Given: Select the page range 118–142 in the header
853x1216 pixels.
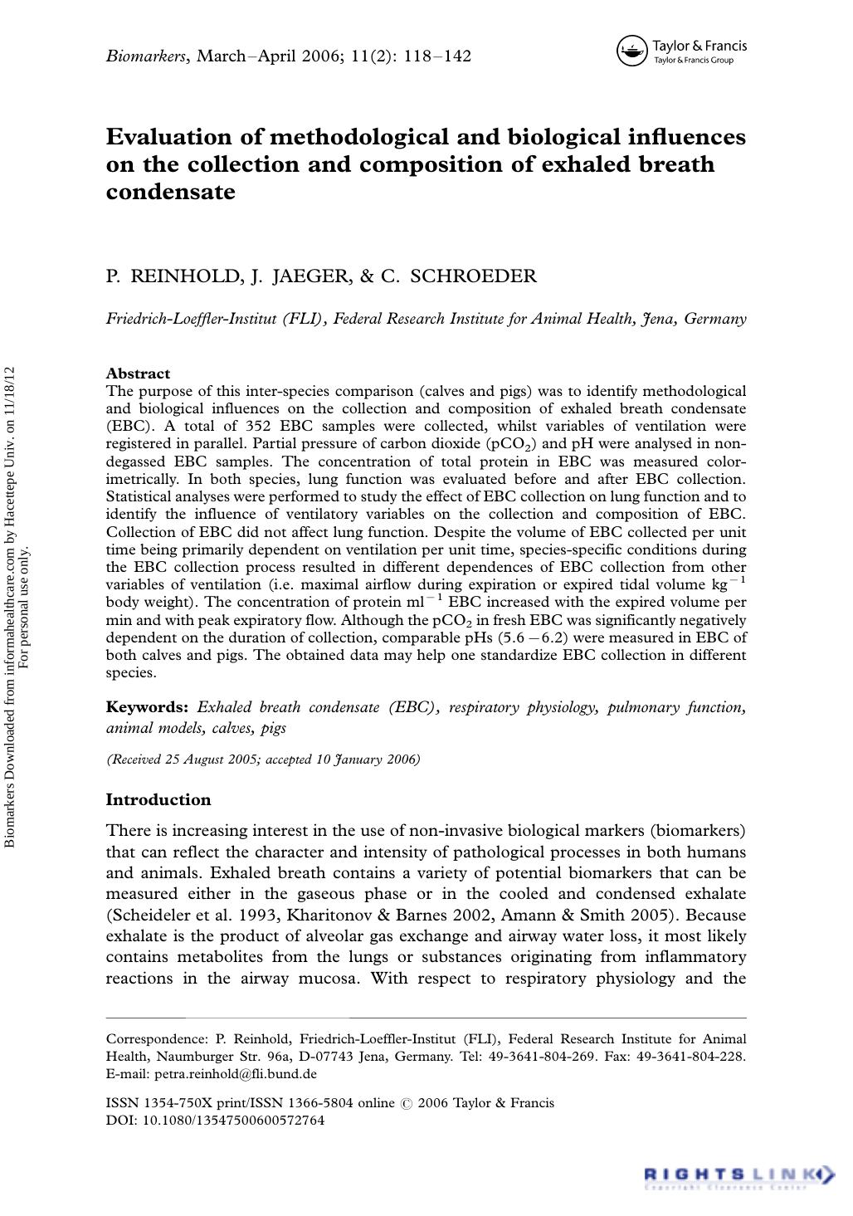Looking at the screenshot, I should pos(437,56).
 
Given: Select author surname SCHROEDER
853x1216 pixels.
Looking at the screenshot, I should pos(474,276).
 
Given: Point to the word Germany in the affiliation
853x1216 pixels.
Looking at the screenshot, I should pos(714,319).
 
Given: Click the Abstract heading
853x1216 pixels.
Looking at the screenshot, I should pos(138,374).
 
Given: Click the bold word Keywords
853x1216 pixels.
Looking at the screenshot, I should pos(147,708).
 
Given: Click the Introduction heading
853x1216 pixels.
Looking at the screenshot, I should pos(158,800).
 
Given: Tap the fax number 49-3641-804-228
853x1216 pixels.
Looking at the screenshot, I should pos(688,1057).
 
